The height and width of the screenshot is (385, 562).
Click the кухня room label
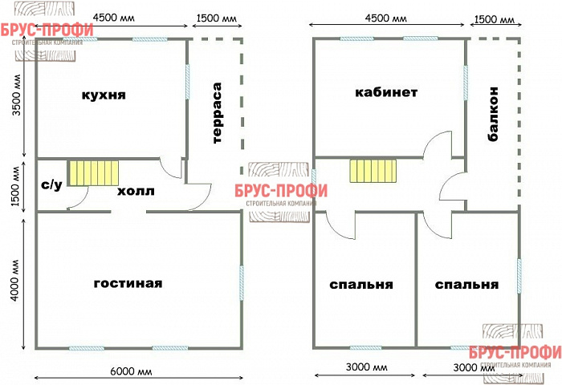(x=104, y=95)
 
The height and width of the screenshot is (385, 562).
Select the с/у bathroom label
(x=51, y=184)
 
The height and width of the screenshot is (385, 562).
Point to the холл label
(x=136, y=192)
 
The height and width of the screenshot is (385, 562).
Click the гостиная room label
(x=128, y=283)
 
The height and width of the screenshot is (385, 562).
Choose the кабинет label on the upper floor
(x=386, y=92)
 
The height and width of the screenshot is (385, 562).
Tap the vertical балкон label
(x=493, y=115)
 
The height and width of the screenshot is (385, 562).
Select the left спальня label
(x=360, y=284)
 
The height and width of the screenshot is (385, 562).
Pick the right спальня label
(x=466, y=284)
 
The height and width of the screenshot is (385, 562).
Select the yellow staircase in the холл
(x=93, y=172)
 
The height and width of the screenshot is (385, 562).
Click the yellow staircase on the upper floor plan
(x=373, y=171)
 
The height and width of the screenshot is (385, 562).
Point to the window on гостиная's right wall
(x=242, y=283)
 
